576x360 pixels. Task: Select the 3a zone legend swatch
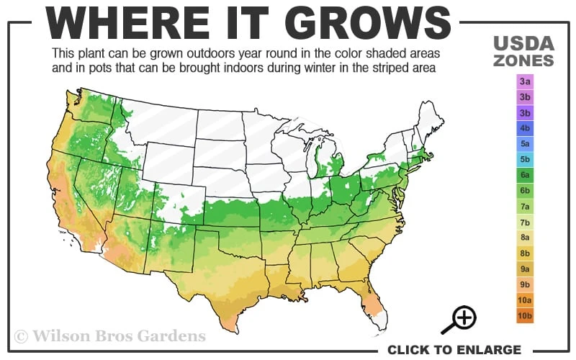coord(524,81)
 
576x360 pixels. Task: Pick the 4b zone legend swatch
coord(524,129)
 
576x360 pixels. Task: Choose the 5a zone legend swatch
coord(524,144)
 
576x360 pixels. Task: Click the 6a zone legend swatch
coord(524,175)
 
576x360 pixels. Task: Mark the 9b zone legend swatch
coord(524,284)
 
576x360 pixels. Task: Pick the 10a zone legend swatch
coord(524,300)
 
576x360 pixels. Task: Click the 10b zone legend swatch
coord(524,315)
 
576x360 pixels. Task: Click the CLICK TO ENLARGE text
coord(454,350)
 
